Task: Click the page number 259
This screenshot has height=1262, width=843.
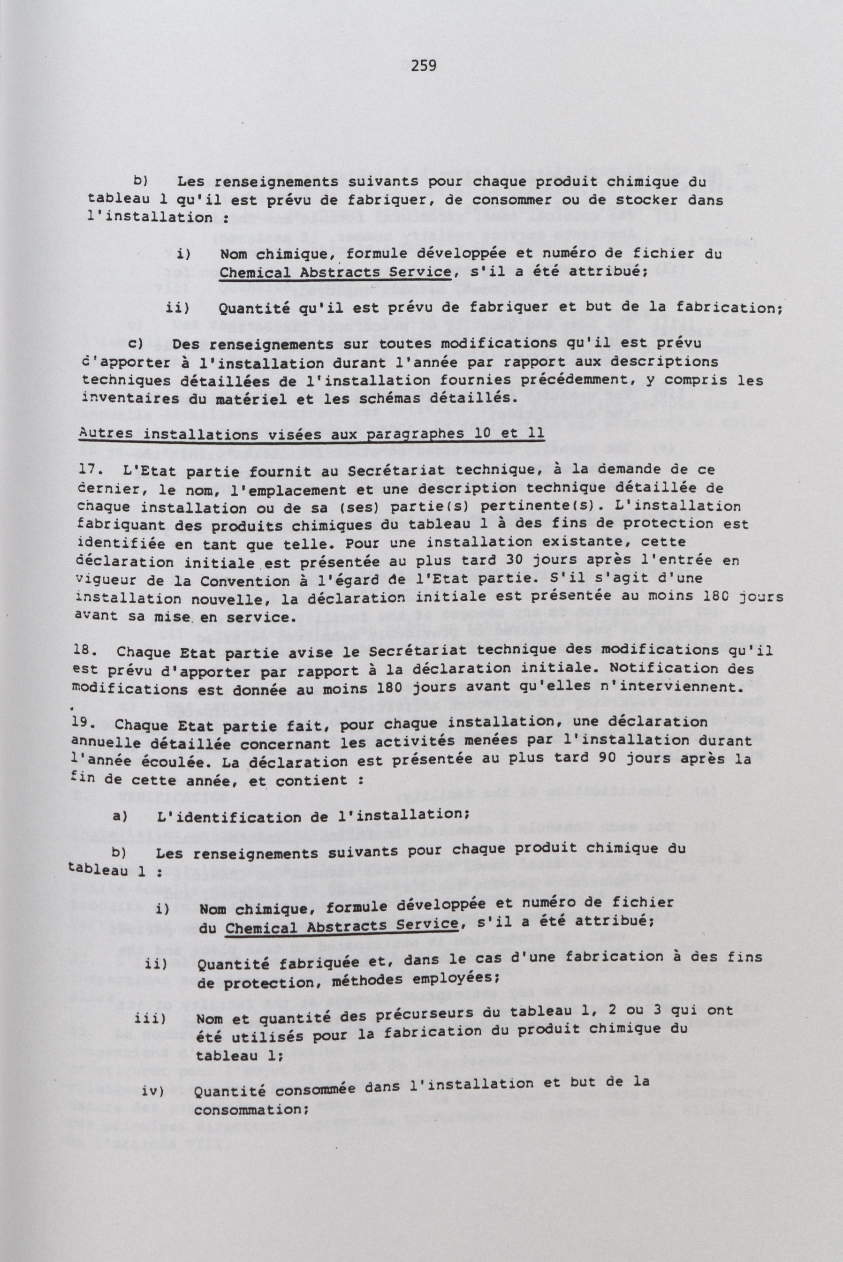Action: pos(424,66)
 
